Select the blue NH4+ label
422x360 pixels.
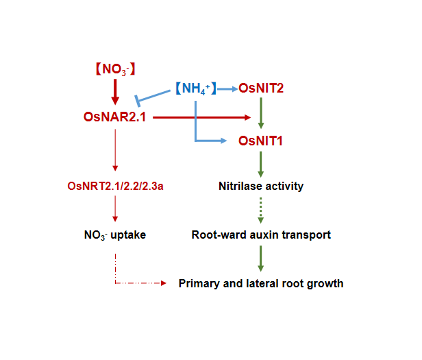[195, 88]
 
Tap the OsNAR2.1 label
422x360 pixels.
[114, 118]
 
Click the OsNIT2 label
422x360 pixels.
[262, 88]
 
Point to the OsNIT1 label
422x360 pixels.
[261, 141]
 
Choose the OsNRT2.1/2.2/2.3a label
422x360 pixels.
[115, 186]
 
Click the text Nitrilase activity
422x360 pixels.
[261, 186]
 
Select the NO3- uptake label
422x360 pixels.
[115, 235]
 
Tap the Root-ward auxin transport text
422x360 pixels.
[261, 235]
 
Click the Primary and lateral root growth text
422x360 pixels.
[261, 283]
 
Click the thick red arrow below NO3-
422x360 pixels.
[115, 91]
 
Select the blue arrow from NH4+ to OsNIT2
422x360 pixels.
[227, 88]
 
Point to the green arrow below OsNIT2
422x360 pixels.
[261, 112]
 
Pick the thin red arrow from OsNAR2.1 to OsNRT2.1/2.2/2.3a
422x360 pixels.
[115, 151]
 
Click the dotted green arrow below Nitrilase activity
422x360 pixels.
[261, 210]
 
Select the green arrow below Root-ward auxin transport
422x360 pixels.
[261, 258]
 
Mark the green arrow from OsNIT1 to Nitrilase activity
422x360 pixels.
[261, 165]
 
